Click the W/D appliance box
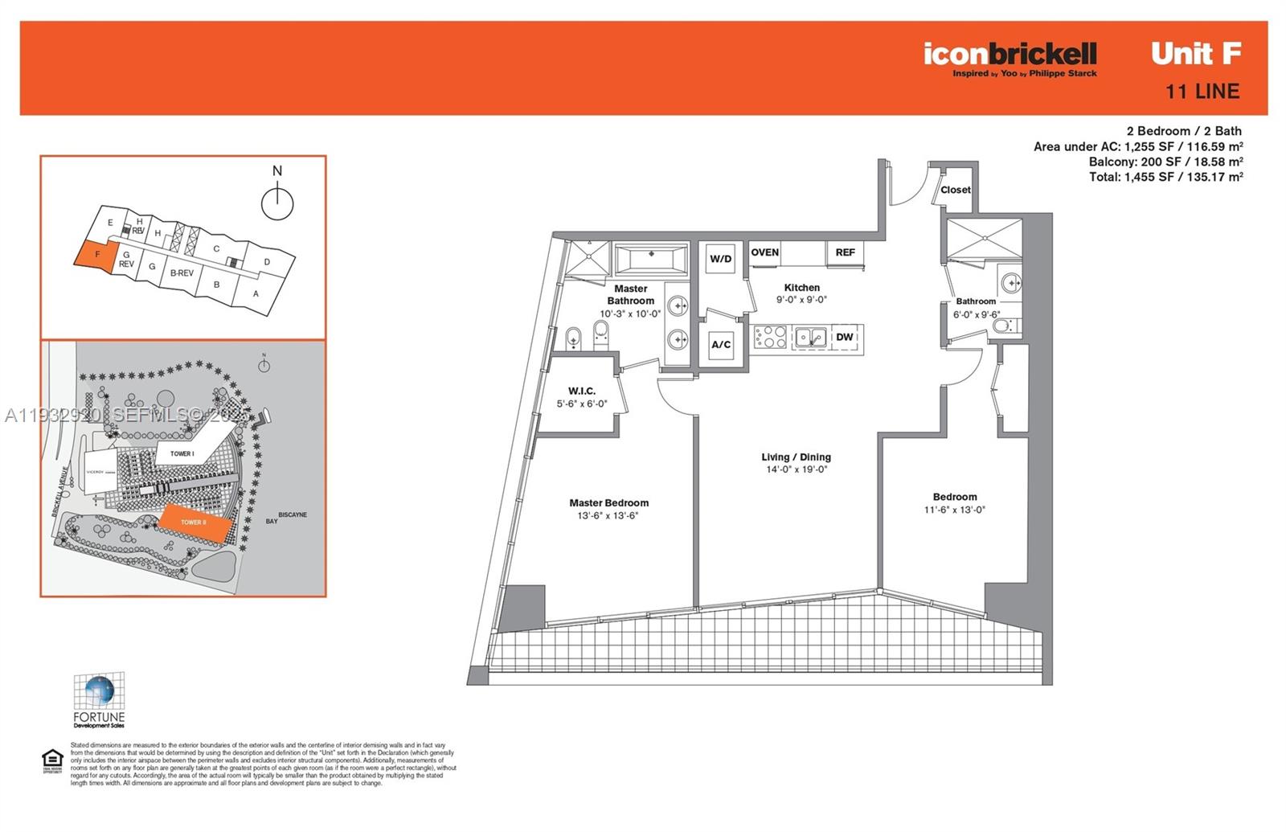click(x=720, y=259)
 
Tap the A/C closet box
click(x=721, y=345)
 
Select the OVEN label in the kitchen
click(x=764, y=252)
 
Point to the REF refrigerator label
click(x=845, y=252)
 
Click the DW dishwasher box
click(x=845, y=338)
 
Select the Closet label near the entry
click(x=955, y=191)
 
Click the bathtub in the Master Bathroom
click(x=651, y=259)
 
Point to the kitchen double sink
click(x=810, y=338)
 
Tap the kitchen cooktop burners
click(x=771, y=337)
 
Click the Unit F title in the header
click(x=1195, y=54)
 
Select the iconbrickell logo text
click(x=1010, y=54)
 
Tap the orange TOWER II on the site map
click(x=195, y=521)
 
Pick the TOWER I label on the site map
click(x=182, y=453)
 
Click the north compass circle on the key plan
click(x=277, y=204)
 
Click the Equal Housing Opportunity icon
click(x=52, y=760)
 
